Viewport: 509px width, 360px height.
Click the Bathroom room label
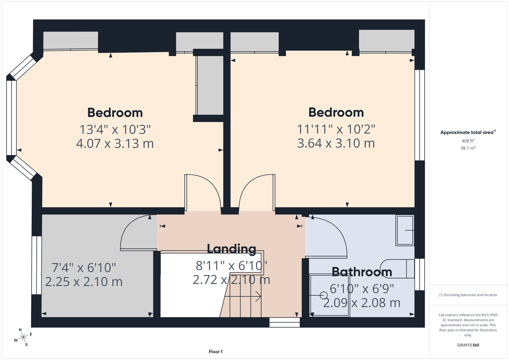pos(362,272)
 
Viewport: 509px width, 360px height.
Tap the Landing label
pos(231,249)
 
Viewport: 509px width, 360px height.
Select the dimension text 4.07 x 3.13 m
pos(115,144)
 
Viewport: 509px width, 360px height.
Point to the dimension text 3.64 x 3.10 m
pos(336,143)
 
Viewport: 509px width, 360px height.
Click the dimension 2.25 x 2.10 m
pos(84,282)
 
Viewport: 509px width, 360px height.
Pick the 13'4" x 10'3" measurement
pos(115,130)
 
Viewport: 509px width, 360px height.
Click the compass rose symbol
pos(23,337)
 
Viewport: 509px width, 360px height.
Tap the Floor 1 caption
pos(216,352)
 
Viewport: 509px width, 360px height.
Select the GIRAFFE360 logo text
pos(468,345)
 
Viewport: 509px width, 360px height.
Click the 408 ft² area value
pos(468,141)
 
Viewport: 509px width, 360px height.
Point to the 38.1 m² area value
pos(468,148)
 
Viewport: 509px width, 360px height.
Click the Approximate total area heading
pos(468,132)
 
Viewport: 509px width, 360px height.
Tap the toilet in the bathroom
pos(398,269)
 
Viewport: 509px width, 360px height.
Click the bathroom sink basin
pos(405,230)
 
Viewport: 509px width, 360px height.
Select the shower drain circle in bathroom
pos(323,296)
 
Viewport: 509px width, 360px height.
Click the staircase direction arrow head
pos(259,296)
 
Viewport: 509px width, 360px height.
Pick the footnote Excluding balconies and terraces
pos(468,295)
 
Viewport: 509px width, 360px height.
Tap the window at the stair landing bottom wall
pos(285,322)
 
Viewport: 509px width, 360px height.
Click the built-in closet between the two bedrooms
pos(210,85)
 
